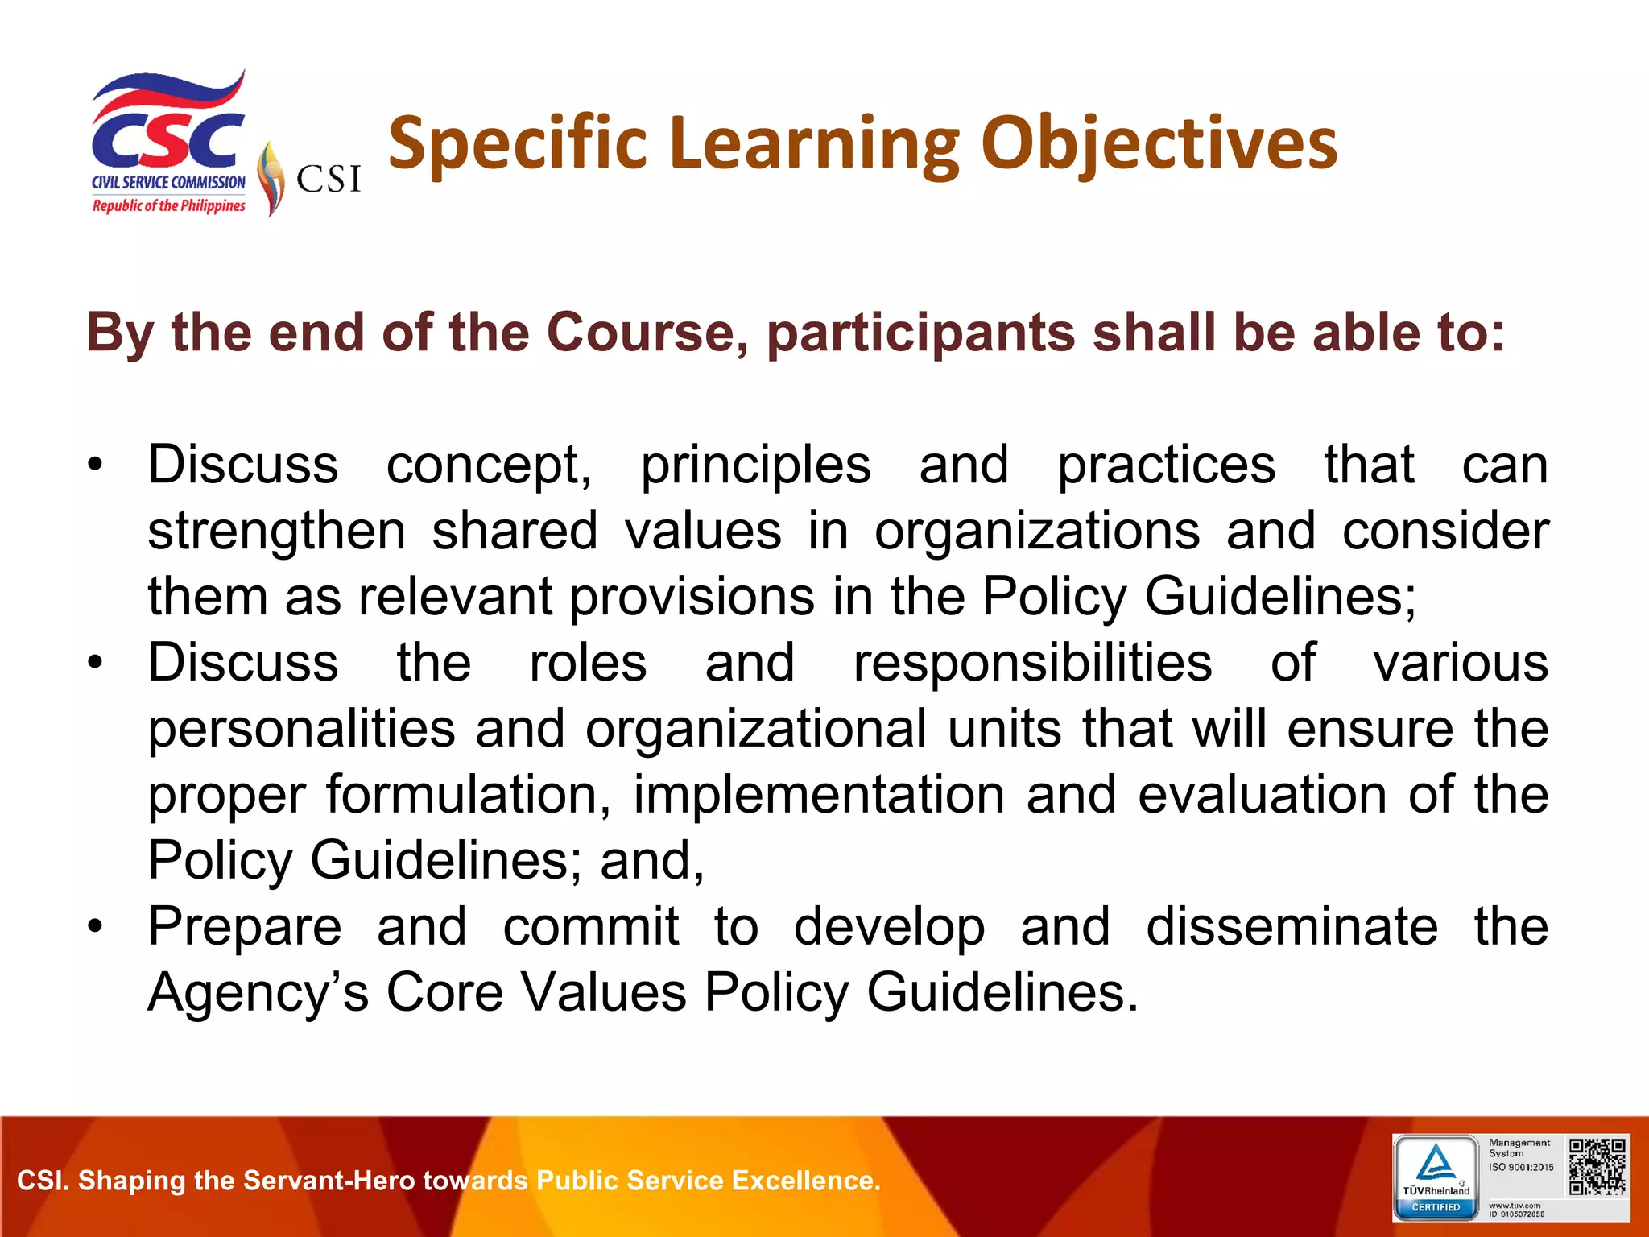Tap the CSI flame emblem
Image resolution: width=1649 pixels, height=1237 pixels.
[271, 178]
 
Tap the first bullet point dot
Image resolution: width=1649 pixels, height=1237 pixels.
[96, 465]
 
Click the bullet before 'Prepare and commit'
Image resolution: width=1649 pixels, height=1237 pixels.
[96, 927]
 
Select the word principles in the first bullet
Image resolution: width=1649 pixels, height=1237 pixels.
[755, 466]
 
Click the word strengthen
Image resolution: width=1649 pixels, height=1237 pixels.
[276, 532]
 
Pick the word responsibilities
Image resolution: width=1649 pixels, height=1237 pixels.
[1032, 664]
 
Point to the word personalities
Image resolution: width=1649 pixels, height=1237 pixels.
[301, 730]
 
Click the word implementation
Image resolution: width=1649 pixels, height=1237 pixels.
[819, 796]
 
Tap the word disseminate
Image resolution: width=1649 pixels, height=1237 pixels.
[1292, 927]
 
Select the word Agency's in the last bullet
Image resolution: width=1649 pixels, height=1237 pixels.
[258, 992]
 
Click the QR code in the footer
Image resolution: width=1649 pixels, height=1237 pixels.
[1597, 1166]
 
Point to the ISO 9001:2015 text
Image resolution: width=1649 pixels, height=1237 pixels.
[1521, 1167]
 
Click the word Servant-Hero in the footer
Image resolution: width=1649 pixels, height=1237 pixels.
[329, 1181]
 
